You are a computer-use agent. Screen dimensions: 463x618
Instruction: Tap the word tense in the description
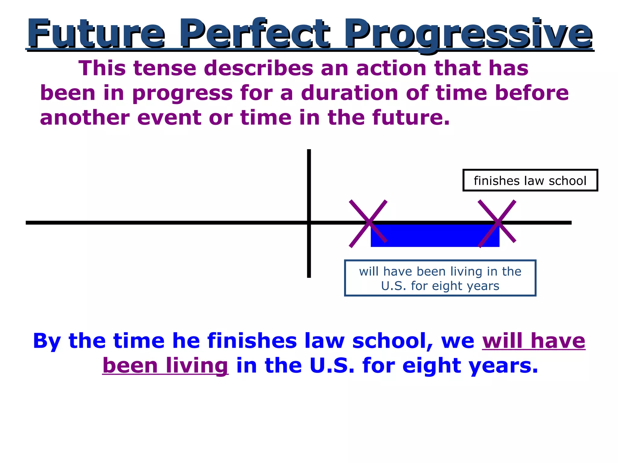(165, 68)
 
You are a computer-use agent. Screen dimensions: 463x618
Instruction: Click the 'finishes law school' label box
(530, 181)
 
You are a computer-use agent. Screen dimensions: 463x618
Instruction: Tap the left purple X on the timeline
(368, 223)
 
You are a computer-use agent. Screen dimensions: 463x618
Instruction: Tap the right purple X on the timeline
(497, 223)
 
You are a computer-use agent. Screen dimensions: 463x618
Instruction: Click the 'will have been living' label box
(440, 278)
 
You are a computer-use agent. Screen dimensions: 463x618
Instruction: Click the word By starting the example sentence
(47, 341)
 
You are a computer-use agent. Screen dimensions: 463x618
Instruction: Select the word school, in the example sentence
(393, 341)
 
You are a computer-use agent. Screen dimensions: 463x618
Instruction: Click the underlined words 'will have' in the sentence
(534, 341)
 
